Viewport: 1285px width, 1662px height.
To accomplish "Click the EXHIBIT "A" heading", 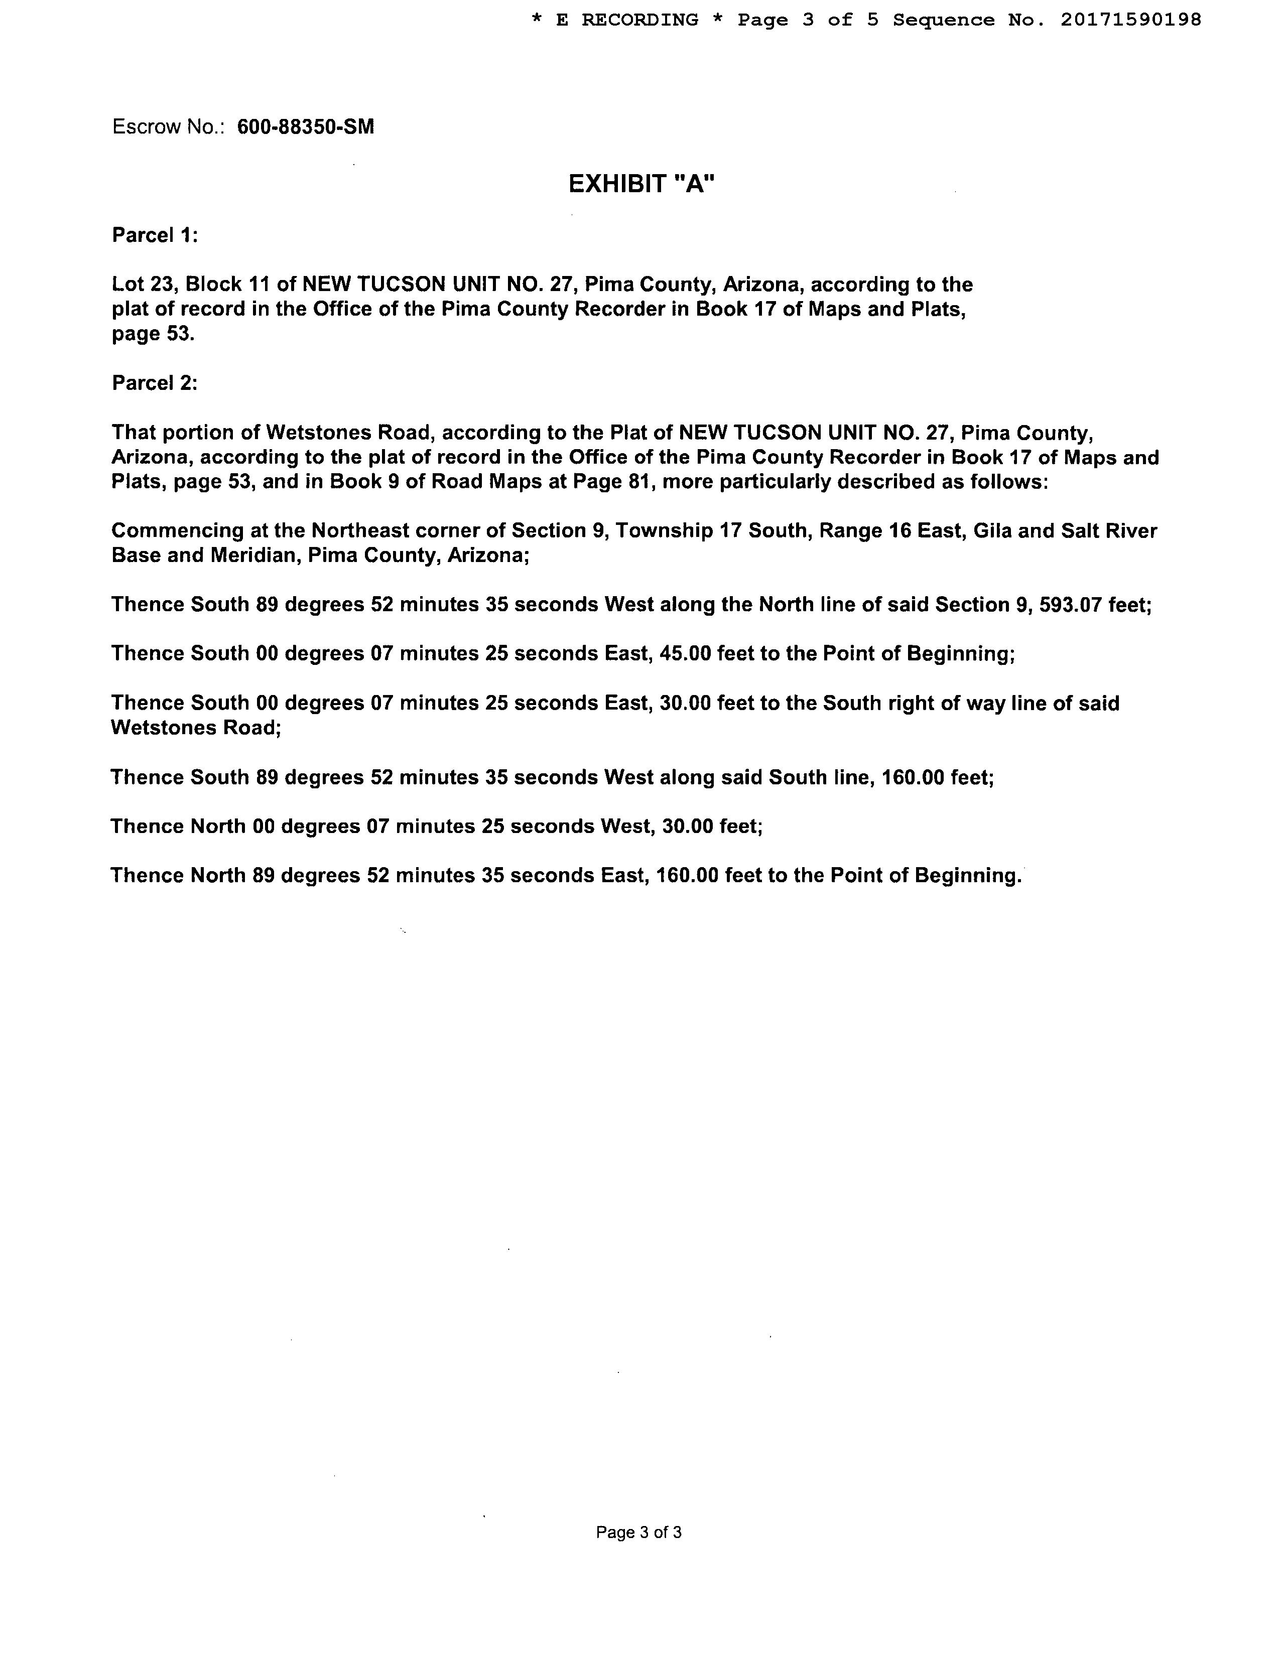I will click(641, 184).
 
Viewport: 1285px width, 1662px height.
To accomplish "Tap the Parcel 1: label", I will click(155, 235).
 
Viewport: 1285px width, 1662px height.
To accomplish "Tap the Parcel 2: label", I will click(155, 383).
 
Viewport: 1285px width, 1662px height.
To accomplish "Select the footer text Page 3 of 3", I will click(638, 1532).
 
